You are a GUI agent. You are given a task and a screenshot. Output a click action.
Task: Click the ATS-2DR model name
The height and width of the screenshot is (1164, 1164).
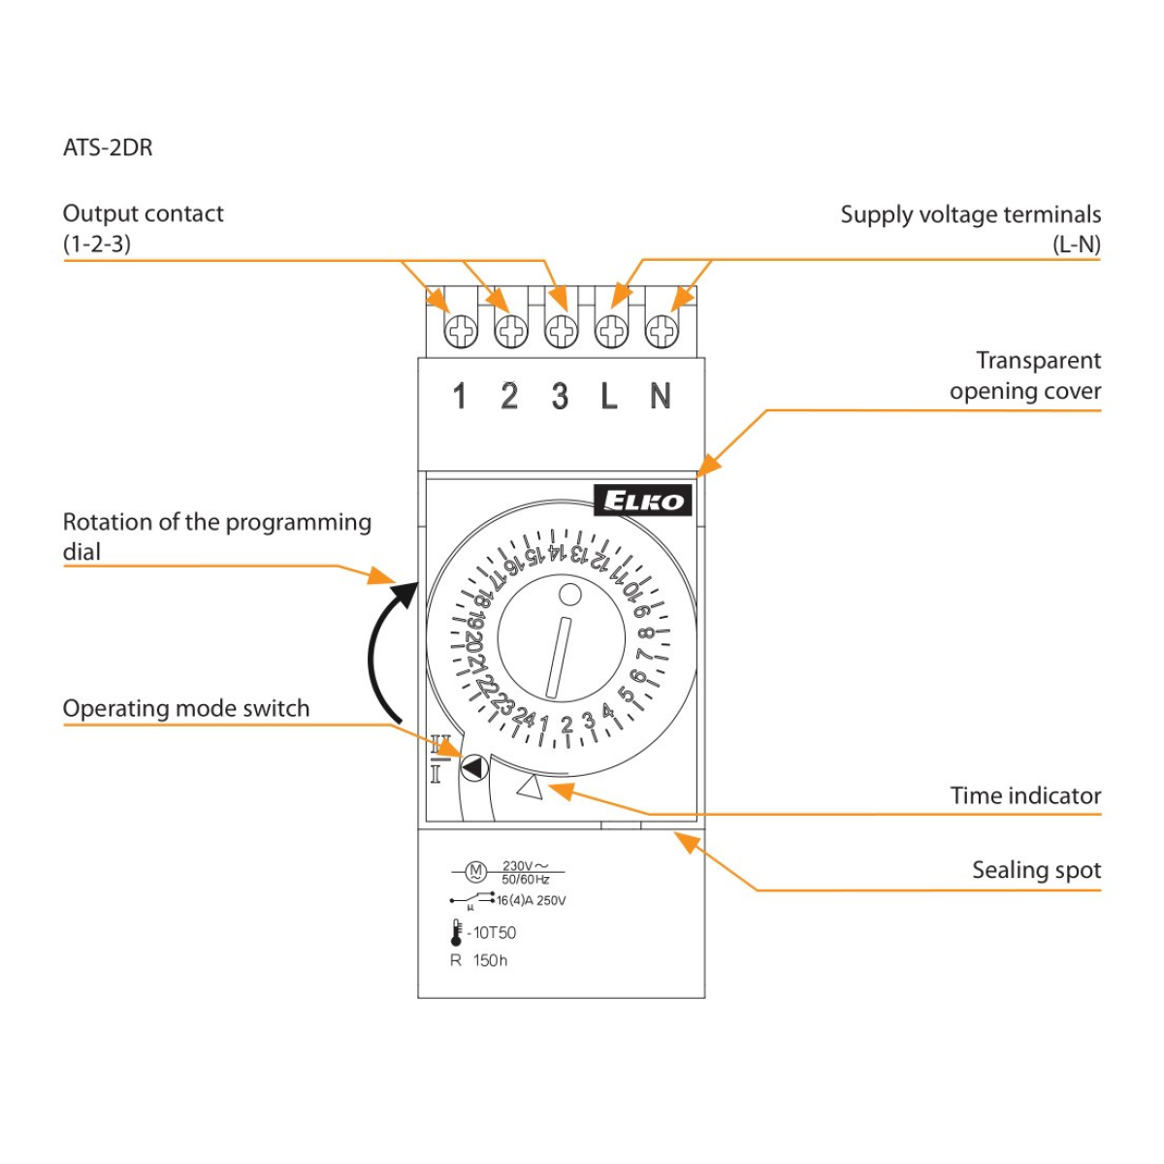click(x=108, y=147)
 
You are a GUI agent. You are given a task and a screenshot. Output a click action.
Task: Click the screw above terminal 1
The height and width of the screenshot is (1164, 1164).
click(x=461, y=332)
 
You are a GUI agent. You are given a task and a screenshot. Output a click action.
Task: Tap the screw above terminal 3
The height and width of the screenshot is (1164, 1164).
click(x=561, y=332)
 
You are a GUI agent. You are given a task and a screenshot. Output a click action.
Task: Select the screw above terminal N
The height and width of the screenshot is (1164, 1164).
click(x=662, y=332)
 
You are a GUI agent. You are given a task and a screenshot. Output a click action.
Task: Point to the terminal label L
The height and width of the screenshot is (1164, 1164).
click(x=609, y=396)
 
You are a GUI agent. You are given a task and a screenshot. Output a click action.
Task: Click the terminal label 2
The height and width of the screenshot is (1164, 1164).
click(x=509, y=396)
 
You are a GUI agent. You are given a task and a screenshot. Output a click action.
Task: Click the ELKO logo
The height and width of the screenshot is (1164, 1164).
click(x=642, y=501)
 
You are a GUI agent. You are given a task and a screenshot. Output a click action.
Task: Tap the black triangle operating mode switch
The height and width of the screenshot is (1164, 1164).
click(x=473, y=768)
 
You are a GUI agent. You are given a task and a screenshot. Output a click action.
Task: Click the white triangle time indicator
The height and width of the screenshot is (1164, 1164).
click(x=531, y=787)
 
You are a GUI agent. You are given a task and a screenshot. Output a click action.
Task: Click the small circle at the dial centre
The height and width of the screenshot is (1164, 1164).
click(x=570, y=595)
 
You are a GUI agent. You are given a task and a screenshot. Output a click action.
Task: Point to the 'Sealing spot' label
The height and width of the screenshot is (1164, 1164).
click(x=1036, y=870)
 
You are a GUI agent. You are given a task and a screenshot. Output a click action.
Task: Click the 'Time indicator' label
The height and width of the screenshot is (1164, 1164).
click(x=1025, y=795)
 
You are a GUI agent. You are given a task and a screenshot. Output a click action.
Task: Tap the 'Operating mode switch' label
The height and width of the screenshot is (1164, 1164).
click(x=186, y=708)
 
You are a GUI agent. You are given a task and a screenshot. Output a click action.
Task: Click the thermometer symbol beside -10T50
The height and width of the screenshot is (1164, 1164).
click(x=456, y=932)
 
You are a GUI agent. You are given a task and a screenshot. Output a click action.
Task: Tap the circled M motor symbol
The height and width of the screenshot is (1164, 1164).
click(x=475, y=871)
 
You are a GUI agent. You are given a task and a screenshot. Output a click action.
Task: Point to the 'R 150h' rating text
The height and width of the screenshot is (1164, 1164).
click(x=479, y=960)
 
